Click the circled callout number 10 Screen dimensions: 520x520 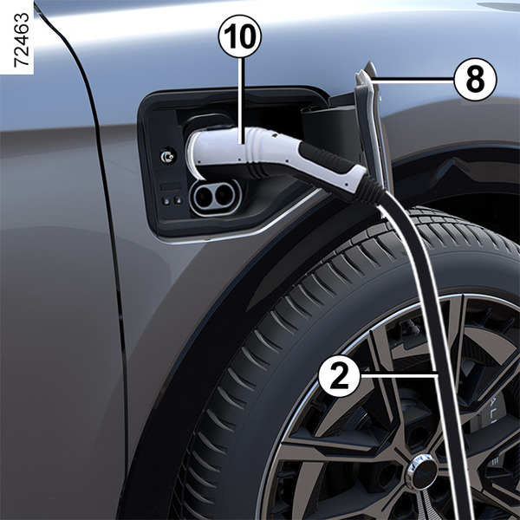click(240, 36)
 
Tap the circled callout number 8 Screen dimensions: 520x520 click(475, 80)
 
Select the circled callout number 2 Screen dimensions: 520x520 click(339, 376)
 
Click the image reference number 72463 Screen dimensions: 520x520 click(22, 40)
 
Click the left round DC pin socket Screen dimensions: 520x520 click(203, 195)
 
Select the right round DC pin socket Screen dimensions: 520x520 click(223, 194)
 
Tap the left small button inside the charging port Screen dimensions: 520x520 click(166, 201)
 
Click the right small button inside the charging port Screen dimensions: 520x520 click(178, 200)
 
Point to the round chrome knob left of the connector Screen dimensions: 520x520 click(166, 157)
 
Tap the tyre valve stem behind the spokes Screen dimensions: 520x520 click(410, 326)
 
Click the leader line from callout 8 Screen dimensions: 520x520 click(413, 80)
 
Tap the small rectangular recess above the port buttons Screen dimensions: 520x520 click(171, 186)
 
